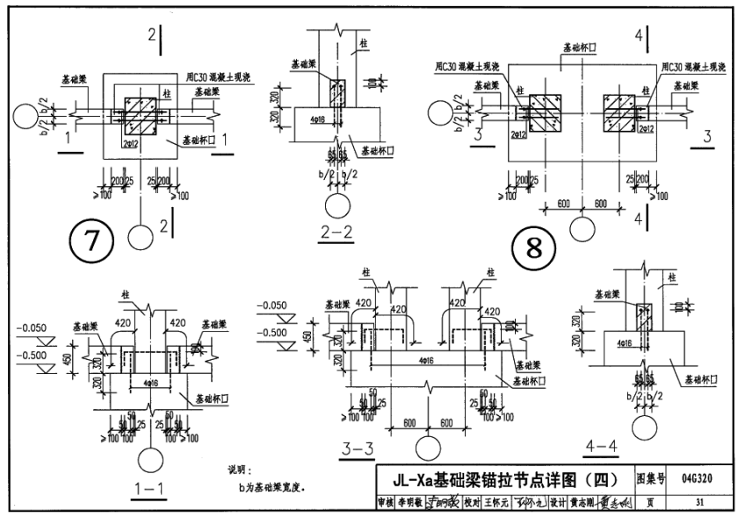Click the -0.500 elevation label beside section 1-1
(33, 355)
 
